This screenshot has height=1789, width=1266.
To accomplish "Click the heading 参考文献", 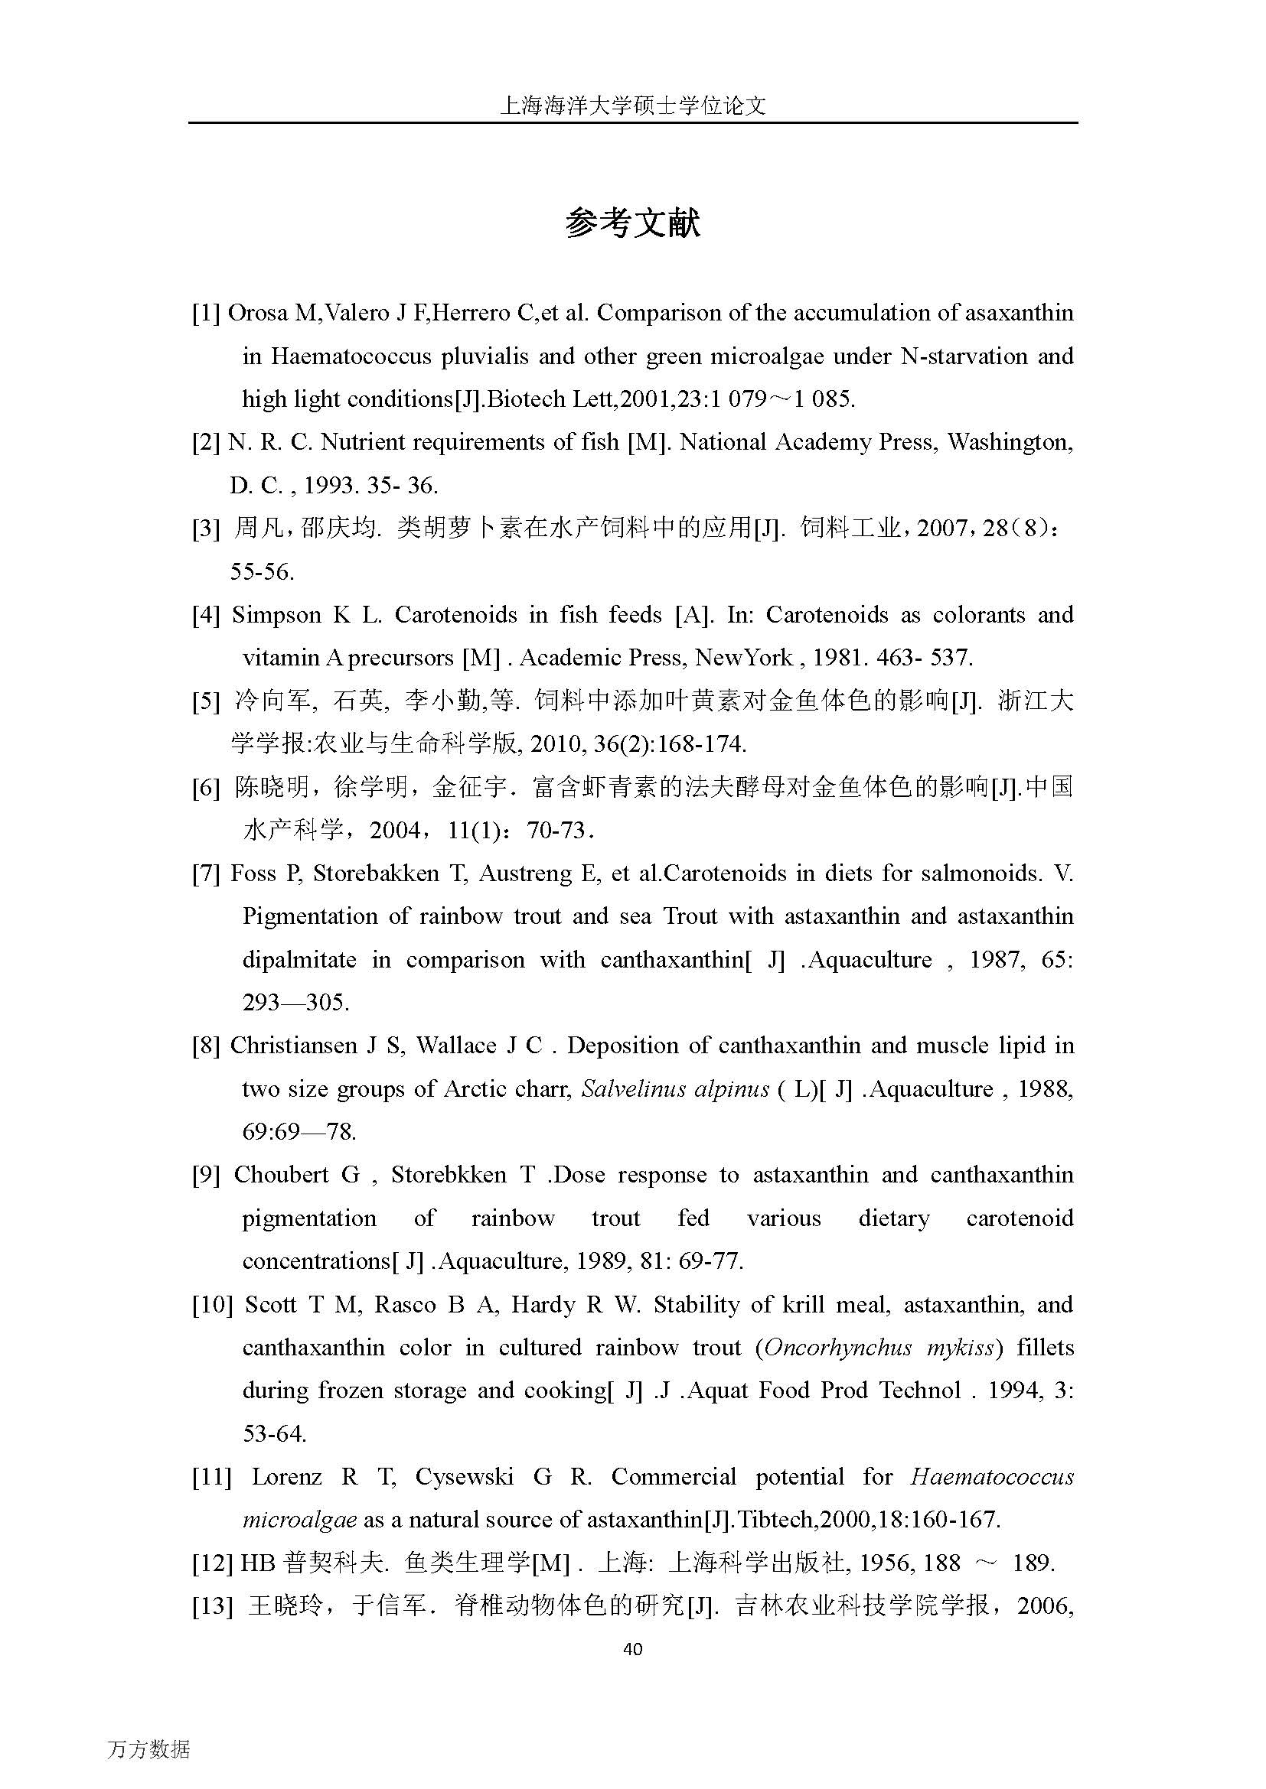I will tap(632, 223).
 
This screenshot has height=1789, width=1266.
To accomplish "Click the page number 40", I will tap(633, 1649).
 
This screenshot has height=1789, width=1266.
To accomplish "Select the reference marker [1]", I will tap(207, 314).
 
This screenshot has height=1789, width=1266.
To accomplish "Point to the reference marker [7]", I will tap(207, 873).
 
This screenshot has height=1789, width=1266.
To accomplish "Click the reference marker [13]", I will tap(212, 1606).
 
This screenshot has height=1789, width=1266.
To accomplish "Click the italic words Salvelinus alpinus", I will tap(675, 1089).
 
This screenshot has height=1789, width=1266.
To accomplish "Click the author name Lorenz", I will tap(287, 1478).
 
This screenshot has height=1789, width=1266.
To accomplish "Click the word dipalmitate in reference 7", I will tap(299, 960).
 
